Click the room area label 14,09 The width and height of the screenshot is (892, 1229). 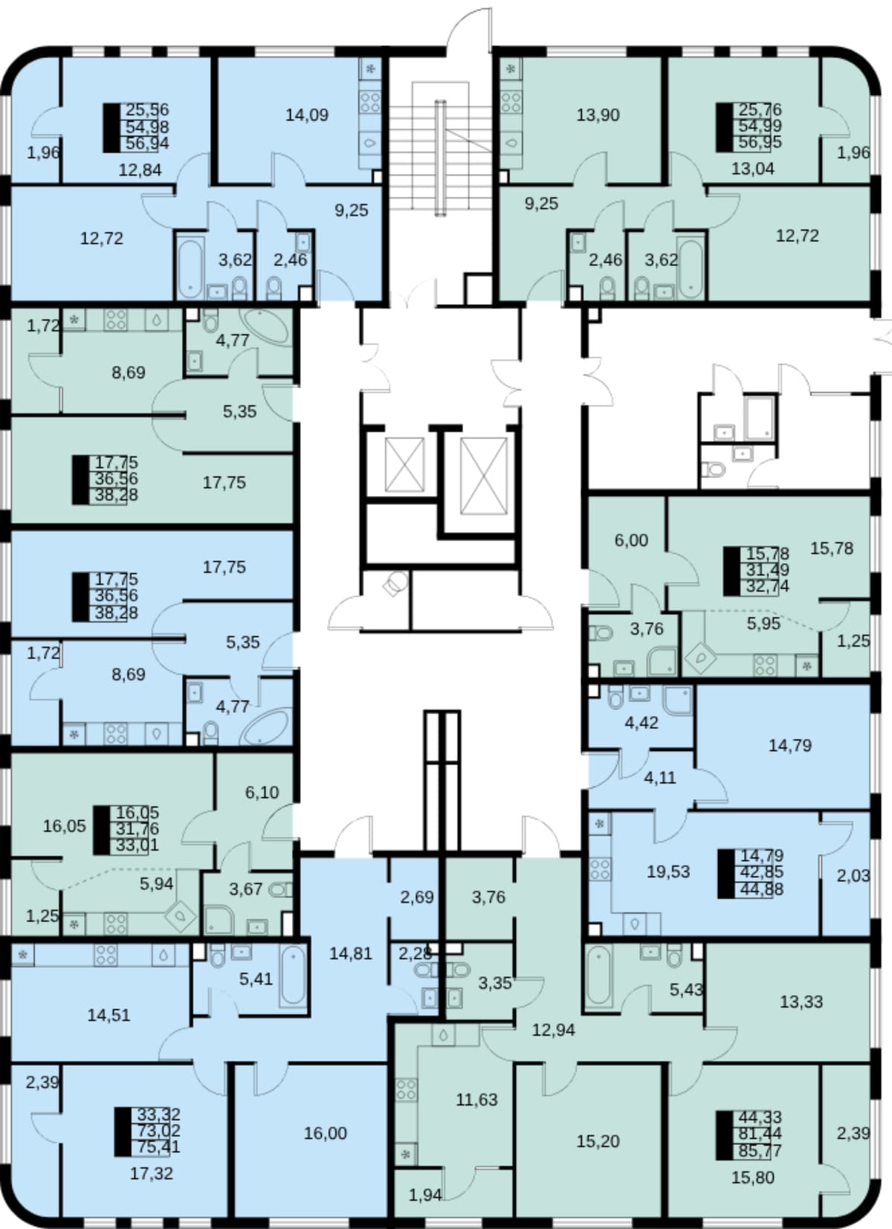pyautogui.click(x=307, y=115)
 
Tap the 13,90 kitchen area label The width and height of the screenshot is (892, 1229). pyautogui.click(x=598, y=115)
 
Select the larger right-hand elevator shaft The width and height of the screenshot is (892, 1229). pyautogui.click(x=483, y=476)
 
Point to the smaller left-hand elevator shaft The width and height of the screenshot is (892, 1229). pyautogui.click(x=405, y=464)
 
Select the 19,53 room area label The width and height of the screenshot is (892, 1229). pyautogui.click(x=668, y=871)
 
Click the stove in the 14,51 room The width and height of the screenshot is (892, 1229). pyautogui.click(x=106, y=955)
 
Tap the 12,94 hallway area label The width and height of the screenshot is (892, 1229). pyautogui.click(x=554, y=1030)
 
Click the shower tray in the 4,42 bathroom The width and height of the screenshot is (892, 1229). pyautogui.click(x=679, y=700)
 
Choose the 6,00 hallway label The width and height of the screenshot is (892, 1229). pyautogui.click(x=631, y=541)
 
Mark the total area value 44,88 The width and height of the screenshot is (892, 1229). pyautogui.click(x=762, y=888)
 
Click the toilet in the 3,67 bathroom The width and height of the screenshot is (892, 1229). pyautogui.click(x=280, y=889)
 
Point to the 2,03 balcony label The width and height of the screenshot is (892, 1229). pyautogui.click(x=853, y=875)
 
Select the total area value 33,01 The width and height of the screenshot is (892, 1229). pyautogui.click(x=138, y=845)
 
